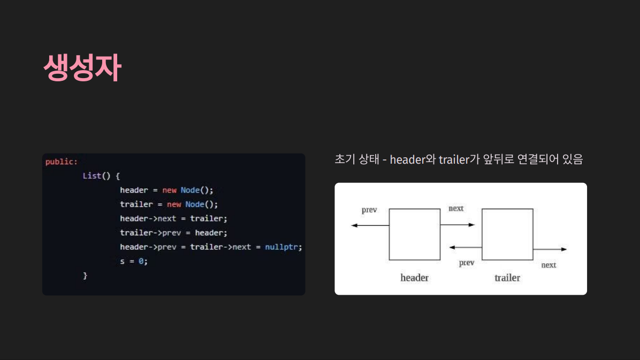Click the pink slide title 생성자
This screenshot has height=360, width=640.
82,67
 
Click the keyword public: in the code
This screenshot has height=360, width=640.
62,162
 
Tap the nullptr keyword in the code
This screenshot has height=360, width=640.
283,247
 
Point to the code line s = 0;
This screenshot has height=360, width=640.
133,261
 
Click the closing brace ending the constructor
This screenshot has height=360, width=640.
85,275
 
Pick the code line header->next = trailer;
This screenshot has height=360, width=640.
173,218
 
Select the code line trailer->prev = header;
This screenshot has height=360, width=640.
173,233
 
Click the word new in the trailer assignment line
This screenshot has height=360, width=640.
174,204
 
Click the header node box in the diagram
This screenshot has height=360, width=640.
414,234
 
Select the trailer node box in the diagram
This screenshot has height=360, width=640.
507,234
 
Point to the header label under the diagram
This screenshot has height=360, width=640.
414,278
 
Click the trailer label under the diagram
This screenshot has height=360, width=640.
507,278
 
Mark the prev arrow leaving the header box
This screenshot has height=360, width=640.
370,225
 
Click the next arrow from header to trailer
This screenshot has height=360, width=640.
458,225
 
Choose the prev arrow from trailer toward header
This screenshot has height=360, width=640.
466,247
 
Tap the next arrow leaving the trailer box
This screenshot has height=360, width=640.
550,249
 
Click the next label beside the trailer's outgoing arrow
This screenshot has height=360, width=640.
548,265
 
